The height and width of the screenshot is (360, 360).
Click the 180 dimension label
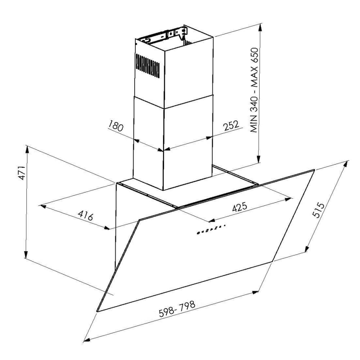click(116, 127)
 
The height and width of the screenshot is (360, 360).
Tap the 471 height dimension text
click(21, 174)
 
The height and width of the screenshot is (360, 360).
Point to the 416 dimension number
click(86, 216)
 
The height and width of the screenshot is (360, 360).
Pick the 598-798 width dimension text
click(177, 309)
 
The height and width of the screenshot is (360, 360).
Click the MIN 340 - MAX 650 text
click(255, 90)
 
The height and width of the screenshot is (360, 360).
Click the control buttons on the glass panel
click(211, 229)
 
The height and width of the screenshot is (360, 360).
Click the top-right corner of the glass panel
click(314, 170)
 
